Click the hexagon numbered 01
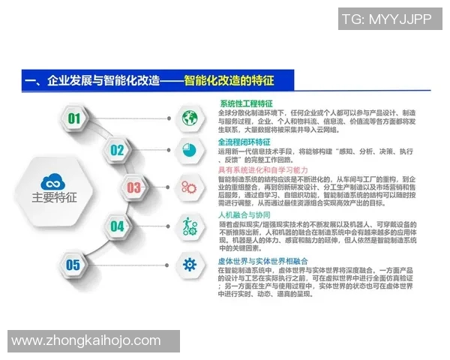pyautogui.click(x=73, y=118)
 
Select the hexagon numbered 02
pyautogui.click(x=117, y=150)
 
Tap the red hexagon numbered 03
pyautogui.click(x=133, y=187)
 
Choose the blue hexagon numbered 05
pyautogui.click(x=73, y=264)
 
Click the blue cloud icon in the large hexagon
pyautogui.click(x=53, y=181)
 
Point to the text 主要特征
pyautogui.click(x=54, y=199)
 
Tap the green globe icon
pyautogui.click(x=188, y=117)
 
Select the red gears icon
pyautogui.click(x=188, y=186)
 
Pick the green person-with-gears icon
pyautogui.click(x=188, y=224)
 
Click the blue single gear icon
pyautogui.click(x=188, y=264)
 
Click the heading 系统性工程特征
pyautogui.click(x=246, y=102)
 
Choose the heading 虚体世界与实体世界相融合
pyautogui.click(x=256, y=259)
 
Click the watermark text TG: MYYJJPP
pyautogui.click(x=386, y=17)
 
